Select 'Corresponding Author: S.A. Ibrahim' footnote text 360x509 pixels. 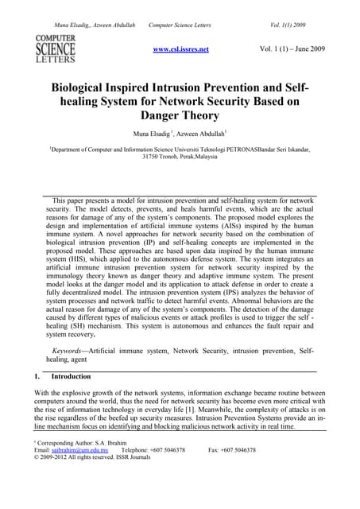(x=76, y=442)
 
